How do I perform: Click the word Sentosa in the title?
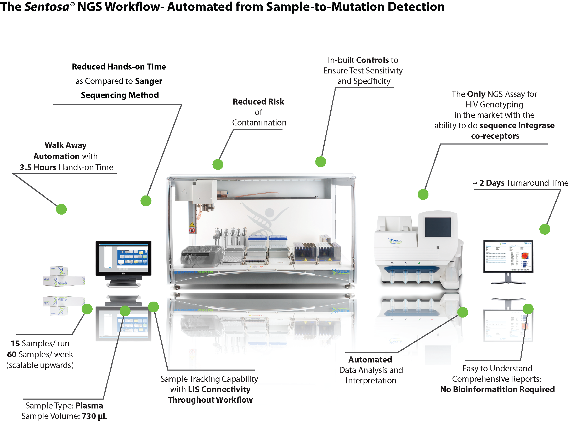pyautogui.click(x=47, y=7)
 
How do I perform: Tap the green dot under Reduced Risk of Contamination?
pyautogui.click(x=218, y=164)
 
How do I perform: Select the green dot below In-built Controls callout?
pyautogui.click(x=320, y=162)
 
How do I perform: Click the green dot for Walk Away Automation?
pyautogui.click(x=61, y=209)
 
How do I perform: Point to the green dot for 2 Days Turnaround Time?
pyautogui.click(x=545, y=229)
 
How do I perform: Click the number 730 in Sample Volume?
pyautogui.click(x=89, y=416)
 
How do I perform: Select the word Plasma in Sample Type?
pyautogui.click(x=89, y=406)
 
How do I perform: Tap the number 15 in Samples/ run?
pyautogui.click(x=15, y=343)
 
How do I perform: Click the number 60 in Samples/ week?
pyautogui.click(x=12, y=354)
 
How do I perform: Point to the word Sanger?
pyautogui.click(x=149, y=81)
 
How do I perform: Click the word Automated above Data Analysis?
pyautogui.click(x=370, y=360)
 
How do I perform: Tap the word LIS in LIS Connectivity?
pyautogui.click(x=194, y=389)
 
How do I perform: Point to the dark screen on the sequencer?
pyautogui.click(x=438, y=227)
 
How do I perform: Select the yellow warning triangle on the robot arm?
pyautogui.click(x=192, y=224)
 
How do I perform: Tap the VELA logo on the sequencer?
pyautogui.click(x=395, y=240)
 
